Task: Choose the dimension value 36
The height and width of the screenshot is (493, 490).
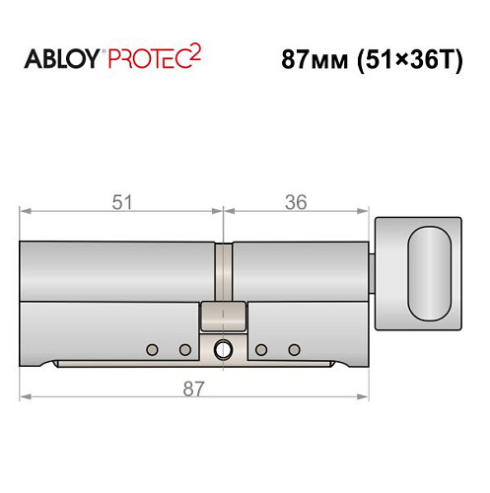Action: click(x=296, y=202)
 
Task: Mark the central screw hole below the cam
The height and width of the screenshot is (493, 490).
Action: click(x=225, y=348)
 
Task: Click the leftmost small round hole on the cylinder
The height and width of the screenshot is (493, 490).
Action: click(x=152, y=348)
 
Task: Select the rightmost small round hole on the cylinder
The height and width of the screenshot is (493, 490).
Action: click(x=293, y=348)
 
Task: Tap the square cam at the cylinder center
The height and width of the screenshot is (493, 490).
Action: click(x=224, y=317)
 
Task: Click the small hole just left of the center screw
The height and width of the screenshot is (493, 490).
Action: click(x=184, y=348)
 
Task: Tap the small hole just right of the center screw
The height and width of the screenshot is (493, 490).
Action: click(x=261, y=348)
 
